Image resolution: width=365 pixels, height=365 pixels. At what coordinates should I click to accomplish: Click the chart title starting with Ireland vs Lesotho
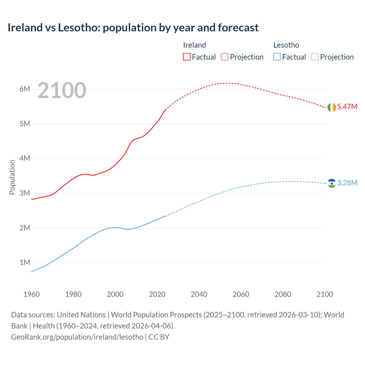(133, 28)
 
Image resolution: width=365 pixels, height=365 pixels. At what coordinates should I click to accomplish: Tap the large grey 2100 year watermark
(62, 90)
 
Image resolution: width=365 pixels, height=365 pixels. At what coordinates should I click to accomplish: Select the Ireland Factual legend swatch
(186, 57)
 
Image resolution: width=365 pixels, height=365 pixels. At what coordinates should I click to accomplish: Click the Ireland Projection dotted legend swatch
(225, 57)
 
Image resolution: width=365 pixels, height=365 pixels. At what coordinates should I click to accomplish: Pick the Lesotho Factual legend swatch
(277, 57)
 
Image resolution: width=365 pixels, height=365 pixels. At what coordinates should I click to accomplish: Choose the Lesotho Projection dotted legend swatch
(315, 57)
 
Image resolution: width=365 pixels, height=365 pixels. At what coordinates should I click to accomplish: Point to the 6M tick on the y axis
(25, 89)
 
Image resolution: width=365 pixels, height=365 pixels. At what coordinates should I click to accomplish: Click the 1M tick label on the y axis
(25, 262)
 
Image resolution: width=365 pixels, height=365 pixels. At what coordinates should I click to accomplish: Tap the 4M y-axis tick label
(25, 158)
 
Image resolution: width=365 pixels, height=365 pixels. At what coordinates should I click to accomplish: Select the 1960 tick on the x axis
(31, 294)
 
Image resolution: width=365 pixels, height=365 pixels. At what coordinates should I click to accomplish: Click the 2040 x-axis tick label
(199, 294)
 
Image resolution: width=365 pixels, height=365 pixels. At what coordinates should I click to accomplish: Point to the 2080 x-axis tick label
(283, 294)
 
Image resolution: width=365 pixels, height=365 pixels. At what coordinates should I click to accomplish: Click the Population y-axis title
(12, 177)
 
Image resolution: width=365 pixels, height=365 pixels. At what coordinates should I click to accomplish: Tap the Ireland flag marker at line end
(332, 107)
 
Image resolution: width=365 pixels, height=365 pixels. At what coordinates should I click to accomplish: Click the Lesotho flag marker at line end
(332, 183)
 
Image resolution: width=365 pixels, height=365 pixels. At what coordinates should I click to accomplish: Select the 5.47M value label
(347, 107)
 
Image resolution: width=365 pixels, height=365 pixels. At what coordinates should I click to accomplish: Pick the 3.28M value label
(347, 183)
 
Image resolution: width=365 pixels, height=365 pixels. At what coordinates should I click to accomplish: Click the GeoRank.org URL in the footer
(77, 337)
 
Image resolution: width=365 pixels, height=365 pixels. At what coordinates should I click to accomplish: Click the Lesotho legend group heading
(286, 45)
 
